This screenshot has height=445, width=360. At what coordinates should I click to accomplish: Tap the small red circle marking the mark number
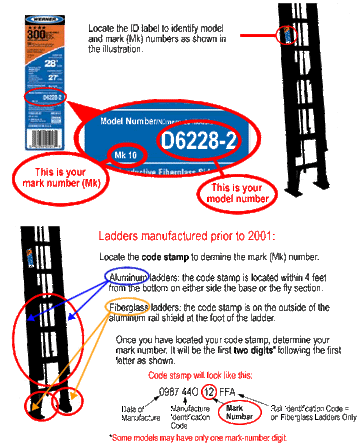(x=128, y=156)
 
